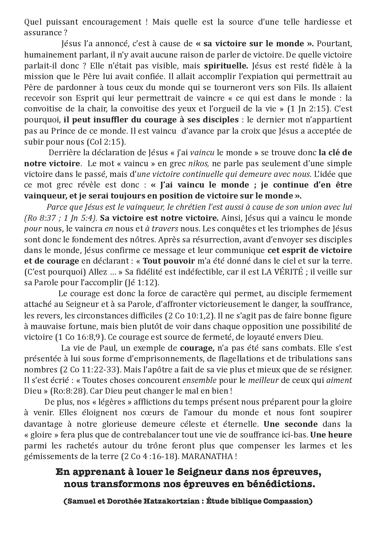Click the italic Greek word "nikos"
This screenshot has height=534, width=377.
[x=198, y=163]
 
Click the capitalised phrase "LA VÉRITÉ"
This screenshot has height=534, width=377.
[x=282, y=272]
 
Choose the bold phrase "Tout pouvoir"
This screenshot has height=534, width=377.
[x=169, y=261]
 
